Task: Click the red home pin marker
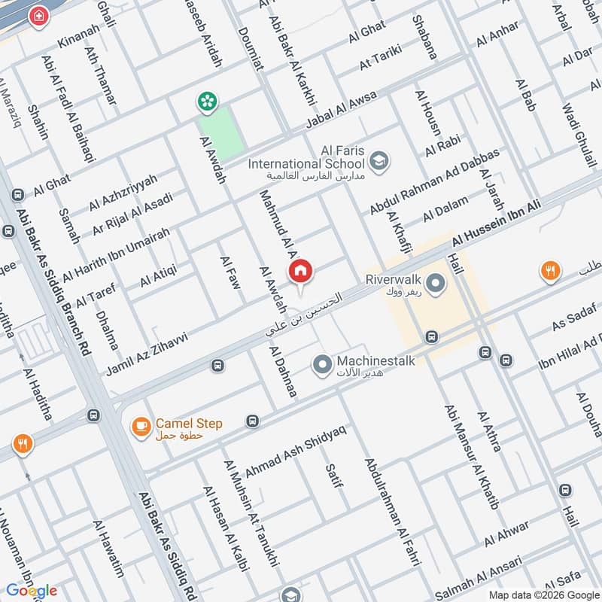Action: (300, 272)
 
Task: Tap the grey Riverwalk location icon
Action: (434, 284)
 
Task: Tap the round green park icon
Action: (205, 100)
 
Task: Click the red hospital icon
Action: (36, 16)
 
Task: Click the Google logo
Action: (31, 590)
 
